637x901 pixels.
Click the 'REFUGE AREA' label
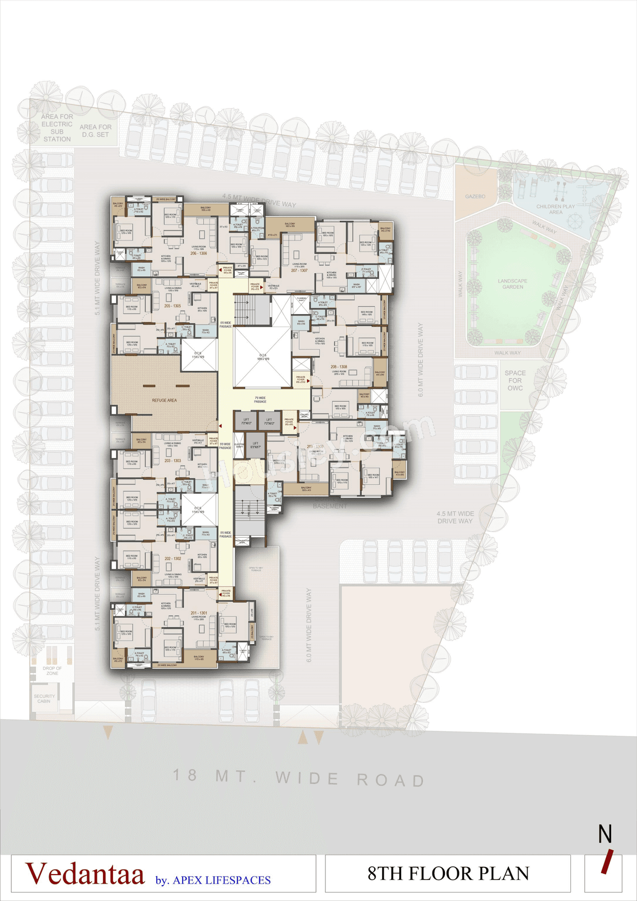tap(164, 400)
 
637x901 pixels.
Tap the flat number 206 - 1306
tap(199, 253)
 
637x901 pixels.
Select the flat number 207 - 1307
tap(299, 271)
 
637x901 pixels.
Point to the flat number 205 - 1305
tap(173, 306)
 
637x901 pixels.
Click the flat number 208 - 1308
tap(339, 367)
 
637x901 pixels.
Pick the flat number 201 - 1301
tap(199, 613)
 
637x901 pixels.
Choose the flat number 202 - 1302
tap(173, 559)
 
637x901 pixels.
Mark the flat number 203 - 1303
tap(173, 461)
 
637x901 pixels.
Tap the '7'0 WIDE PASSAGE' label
tap(260, 400)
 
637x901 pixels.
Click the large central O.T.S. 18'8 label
tap(263, 357)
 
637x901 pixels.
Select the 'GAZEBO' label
tap(475, 197)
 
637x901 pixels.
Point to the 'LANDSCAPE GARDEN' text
tap(513, 284)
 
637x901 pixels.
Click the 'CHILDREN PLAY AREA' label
tap(555, 209)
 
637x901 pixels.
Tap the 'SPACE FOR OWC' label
tap(515, 380)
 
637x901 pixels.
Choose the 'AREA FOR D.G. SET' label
tap(96, 131)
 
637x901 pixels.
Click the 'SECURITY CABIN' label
tap(44, 699)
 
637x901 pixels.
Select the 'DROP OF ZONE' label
tap(52, 671)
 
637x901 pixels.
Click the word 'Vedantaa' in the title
tap(85, 874)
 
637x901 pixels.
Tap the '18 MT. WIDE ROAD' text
tap(299, 778)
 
